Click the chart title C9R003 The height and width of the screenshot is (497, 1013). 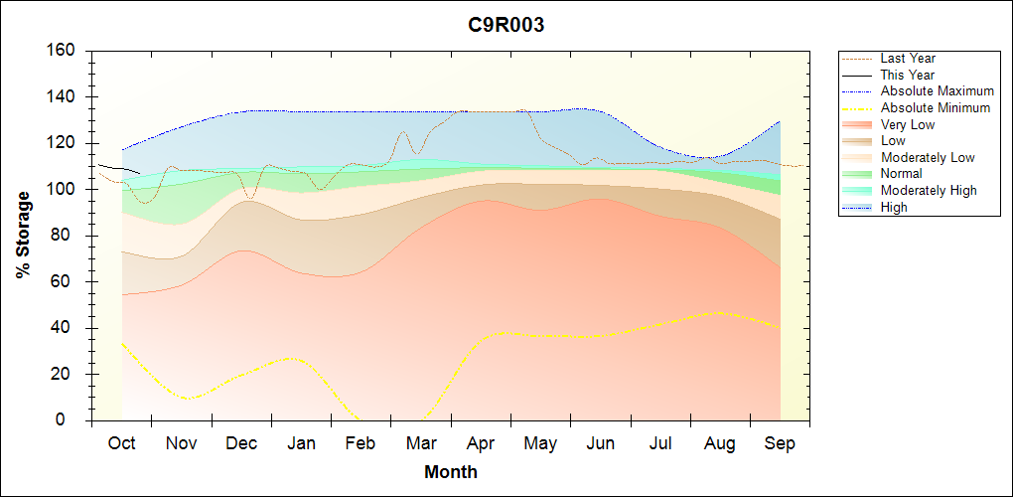(x=506, y=26)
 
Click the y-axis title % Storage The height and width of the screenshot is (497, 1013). (x=23, y=241)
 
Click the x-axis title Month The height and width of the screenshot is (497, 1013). (x=450, y=472)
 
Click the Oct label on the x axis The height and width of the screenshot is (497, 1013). (x=121, y=443)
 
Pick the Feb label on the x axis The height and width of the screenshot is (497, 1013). (x=361, y=443)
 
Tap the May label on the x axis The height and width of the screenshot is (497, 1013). (x=540, y=443)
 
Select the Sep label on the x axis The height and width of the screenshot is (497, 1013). (x=780, y=443)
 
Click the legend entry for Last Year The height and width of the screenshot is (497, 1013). (x=908, y=59)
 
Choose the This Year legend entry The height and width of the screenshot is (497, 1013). (x=908, y=75)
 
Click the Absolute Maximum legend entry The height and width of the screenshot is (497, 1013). (x=937, y=91)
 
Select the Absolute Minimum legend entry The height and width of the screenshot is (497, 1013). (x=936, y=107)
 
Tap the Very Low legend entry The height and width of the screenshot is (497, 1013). (x=908, y=124)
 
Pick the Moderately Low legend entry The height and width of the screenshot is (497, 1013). (x=928, y=157)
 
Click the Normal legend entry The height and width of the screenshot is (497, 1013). (x=901, y=174)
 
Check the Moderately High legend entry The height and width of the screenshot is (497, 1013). (x=929, y=190)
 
